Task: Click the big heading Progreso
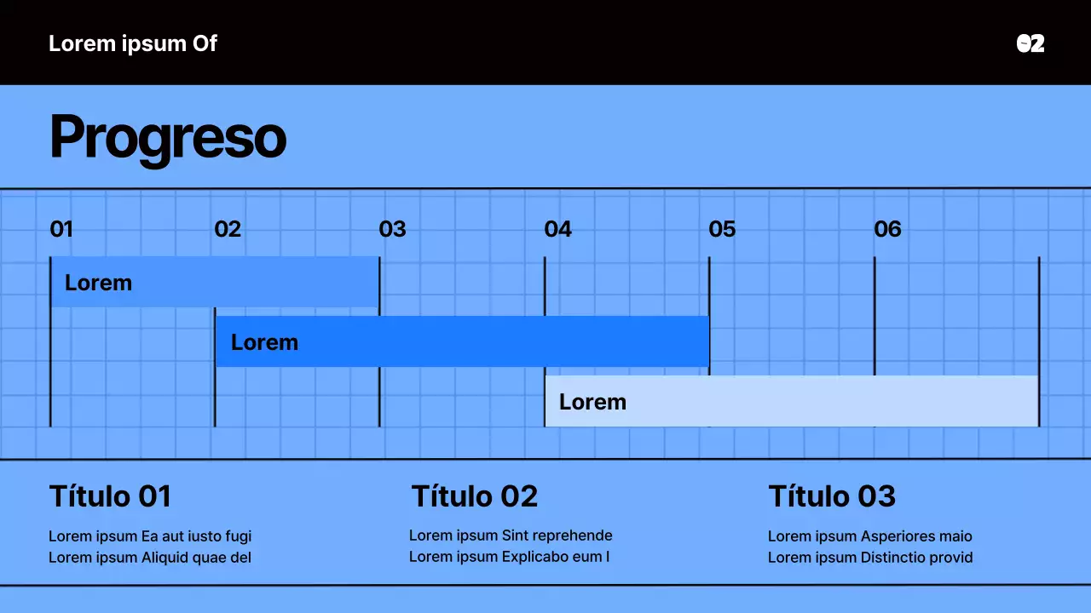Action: [167, 137]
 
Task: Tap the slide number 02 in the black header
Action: [1030, 43]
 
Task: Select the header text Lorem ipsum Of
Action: [133, 43]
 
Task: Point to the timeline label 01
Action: [61, 229]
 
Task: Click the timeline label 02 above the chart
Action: [228, 229]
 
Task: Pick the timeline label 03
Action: [392, 229]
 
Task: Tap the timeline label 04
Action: [557, 229]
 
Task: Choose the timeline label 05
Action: [722, 229]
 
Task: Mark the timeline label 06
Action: [887, 229]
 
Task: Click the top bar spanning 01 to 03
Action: [256, 282]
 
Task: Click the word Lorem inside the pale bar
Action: [592, 402]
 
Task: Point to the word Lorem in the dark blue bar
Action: [264, 342]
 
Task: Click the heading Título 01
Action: [110, 496]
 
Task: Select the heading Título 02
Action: [475, 496]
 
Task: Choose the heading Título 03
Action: [832, 496]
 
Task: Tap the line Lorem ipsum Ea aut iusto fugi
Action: [150, 536]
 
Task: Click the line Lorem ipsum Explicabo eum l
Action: [509, 557]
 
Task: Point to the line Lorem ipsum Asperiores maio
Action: [869, 536]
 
